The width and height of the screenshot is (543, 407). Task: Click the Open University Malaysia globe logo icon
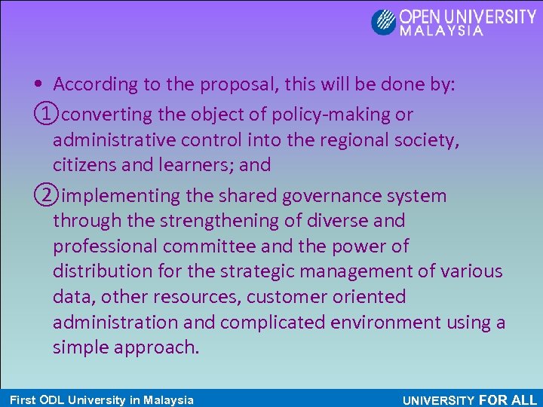pyautogui.click(x=384, y=22)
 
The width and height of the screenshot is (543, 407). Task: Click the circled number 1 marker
pyautogui.click(x=44, y=115)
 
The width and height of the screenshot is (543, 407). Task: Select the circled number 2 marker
pyautogui.click(x=44, y=196)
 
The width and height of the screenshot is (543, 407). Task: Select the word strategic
pyautogui.click(x=271, y=271)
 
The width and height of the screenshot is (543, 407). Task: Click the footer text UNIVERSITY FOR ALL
pyautogui.click(x=470, y=400)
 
